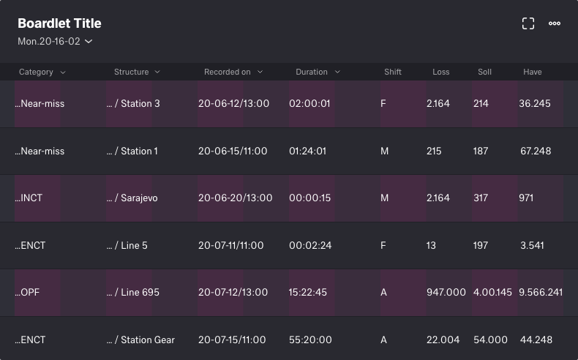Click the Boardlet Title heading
point(59,23)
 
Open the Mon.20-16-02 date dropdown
point(55,42)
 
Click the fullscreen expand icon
point(528,23)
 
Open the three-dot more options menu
point(555,23)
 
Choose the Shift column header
point(393,72)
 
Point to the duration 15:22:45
point(308,293)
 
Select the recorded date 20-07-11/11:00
point(230,246)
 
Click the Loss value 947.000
point(446,293)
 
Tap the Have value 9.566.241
point(541,293)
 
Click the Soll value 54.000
point(491,340)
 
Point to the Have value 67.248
point(535,151)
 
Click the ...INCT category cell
point(29,198)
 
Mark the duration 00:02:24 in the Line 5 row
point(310,246)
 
